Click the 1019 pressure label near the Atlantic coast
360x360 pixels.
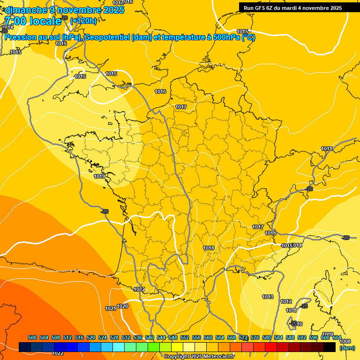point(99,176)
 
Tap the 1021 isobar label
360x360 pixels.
point(111,308)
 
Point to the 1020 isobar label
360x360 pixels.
point(122,306)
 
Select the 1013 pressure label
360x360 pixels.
point(268,297)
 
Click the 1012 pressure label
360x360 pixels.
point(286,301)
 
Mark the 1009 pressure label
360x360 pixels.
point(328,334)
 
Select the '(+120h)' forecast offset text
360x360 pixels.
point(83,21)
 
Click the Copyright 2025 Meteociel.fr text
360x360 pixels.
point(199,356)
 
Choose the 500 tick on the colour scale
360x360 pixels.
point(32,337)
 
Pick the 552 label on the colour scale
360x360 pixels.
point(185,337)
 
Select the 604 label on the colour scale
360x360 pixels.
point(337,337)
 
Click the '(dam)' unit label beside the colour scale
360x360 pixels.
point(347,348)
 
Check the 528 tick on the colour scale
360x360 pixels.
point(114,337)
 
